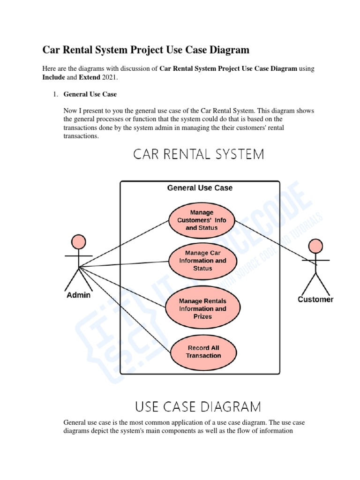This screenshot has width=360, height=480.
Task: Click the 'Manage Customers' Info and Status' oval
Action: coord(202,220)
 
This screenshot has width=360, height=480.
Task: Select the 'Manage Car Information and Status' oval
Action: coord(202,261)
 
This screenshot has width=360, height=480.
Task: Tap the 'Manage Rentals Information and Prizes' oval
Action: coord(202,308)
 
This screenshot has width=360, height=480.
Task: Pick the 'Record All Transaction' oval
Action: coord(203,352)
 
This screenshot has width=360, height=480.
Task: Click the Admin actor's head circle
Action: coord(79,242)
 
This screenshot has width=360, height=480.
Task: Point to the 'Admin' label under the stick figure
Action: coord(78,295)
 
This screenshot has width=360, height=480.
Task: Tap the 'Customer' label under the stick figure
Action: coord(315,299)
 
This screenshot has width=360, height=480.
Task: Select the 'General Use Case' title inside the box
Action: coord(200,188)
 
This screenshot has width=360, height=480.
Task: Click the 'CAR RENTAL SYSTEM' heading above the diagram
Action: coord(199,154)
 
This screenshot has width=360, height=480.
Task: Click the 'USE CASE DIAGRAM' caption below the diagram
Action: coord(198,406)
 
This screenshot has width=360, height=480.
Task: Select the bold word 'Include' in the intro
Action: coord(53,77)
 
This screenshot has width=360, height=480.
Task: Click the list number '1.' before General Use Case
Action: coord(54,94)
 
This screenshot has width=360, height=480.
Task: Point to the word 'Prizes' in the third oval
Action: coord(202,316)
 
